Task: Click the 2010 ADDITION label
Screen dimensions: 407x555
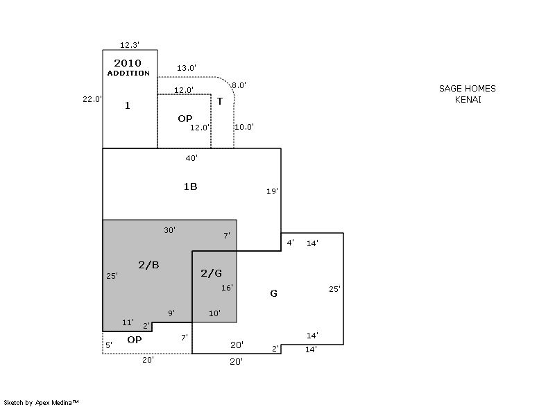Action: tap(128, 67)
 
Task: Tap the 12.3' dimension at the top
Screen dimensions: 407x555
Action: tap(130, 45)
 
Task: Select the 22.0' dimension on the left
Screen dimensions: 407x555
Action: tap(92, 99)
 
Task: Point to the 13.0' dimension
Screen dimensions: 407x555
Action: tap(186, 68)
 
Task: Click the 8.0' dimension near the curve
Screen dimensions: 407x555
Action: tap(239, 85)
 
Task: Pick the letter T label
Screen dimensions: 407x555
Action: tap(220, 101)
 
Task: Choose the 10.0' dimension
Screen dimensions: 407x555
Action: tap(244, 127)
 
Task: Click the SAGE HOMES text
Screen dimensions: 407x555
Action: tap(468, 89)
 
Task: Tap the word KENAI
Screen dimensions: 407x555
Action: tap(468, 99)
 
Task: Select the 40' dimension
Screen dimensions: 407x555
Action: tap(191, 158)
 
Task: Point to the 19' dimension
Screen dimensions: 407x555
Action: tap(272, 191)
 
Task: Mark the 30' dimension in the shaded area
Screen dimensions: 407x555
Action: tap(169, 230)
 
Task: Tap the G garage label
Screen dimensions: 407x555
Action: tap(273, 293)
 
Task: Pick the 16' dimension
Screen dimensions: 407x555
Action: tap(227, 288)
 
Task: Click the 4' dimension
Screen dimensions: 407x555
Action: tap(290, 243)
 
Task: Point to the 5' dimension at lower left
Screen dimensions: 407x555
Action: tap(108, 345)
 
